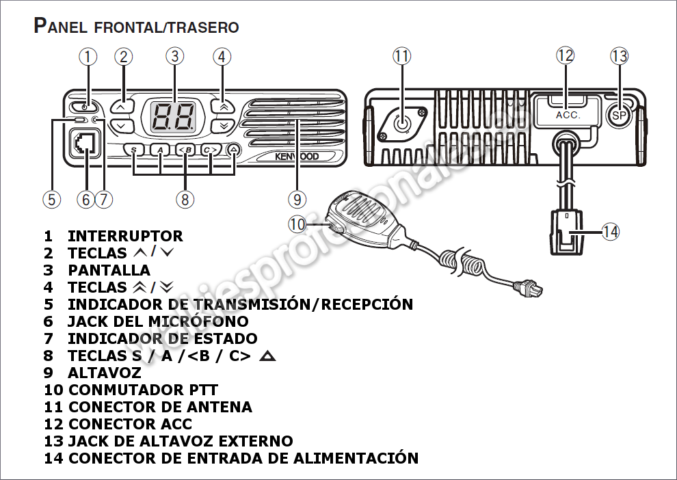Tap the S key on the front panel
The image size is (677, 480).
click(x=135, y=150)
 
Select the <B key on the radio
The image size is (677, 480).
click(x=185, y=150)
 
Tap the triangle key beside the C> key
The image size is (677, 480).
click(x=234, y=150)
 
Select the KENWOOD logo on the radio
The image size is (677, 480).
click(x=297, y=157)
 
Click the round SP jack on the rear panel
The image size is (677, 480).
click(x=620, y=115)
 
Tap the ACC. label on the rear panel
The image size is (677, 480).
click(x=568, y=115)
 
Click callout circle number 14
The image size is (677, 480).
click(x=610, y=232)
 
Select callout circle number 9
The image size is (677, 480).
click(x=297, y=200)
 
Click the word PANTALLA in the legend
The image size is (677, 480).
click(x=109, y=270)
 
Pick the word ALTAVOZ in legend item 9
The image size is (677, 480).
click(x=104, y=373)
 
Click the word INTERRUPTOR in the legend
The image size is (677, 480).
click(x=125, y=236)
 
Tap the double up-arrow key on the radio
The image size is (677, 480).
click(x=222, y=106)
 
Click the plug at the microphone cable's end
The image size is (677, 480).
click(x=531, y=289)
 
